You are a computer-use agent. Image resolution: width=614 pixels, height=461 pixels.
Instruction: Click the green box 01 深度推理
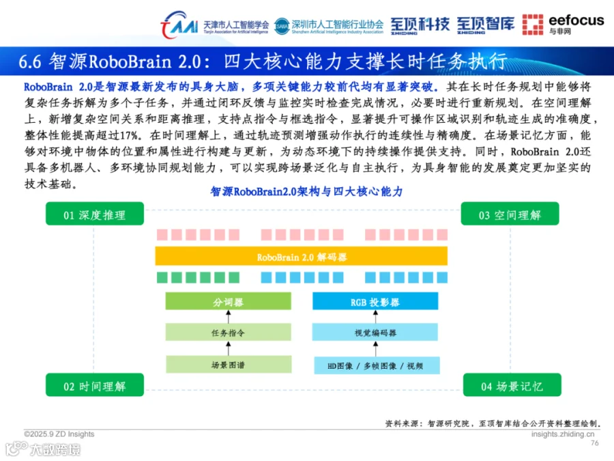click(x=95, y=214)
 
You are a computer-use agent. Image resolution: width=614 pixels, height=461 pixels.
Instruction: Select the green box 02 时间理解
click(x=95, y=386)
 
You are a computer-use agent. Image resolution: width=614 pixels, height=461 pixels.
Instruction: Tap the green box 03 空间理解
click(x=510, y=214)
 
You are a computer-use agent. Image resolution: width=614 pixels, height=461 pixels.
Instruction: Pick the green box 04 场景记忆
click(x=511, y=386)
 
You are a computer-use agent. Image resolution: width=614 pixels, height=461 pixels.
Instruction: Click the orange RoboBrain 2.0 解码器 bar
click(x=302, y=257)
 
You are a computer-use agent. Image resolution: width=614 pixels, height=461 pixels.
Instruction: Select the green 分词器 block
click(x=229, y=302)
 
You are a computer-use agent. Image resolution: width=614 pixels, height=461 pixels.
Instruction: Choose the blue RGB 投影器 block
click(x=375, y=302)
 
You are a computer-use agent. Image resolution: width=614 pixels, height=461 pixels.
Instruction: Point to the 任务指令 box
click(x=229, y=333)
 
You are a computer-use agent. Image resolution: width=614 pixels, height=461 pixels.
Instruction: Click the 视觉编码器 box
click(x=375, y=333)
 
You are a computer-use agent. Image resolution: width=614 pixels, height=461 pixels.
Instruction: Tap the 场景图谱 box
click(x=229, y=365)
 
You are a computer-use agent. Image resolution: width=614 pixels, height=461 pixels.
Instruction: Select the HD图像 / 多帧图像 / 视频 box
click(x=375, y=365)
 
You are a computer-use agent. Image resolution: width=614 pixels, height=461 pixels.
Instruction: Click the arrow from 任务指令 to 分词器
click(x=229, y=318)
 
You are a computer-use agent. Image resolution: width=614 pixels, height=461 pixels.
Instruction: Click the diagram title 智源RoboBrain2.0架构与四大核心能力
click(x=306, y=191)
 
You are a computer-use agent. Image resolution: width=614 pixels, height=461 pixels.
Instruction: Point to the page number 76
click(x=594, y=443)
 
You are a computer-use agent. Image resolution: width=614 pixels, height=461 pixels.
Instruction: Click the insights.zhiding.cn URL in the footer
click(x=563, y=434)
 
